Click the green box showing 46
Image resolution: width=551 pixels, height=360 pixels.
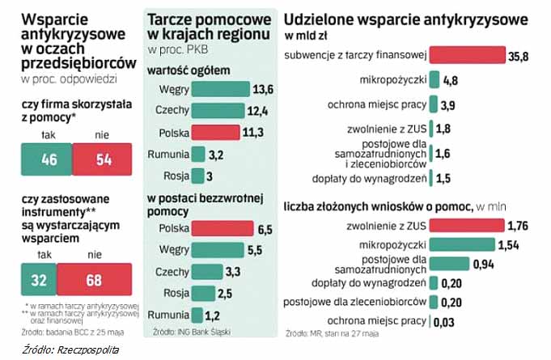(49, 159)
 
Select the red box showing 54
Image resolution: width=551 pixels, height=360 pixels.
(103, 159)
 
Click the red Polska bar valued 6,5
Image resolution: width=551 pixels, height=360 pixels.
(219, 229)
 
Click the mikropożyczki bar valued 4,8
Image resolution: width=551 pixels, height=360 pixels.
(434, 80)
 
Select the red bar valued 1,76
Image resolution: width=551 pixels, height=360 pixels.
(467, 225)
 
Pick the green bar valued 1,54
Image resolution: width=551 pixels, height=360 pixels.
(461, 244)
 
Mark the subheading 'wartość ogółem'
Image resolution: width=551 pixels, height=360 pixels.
(189, 70)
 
